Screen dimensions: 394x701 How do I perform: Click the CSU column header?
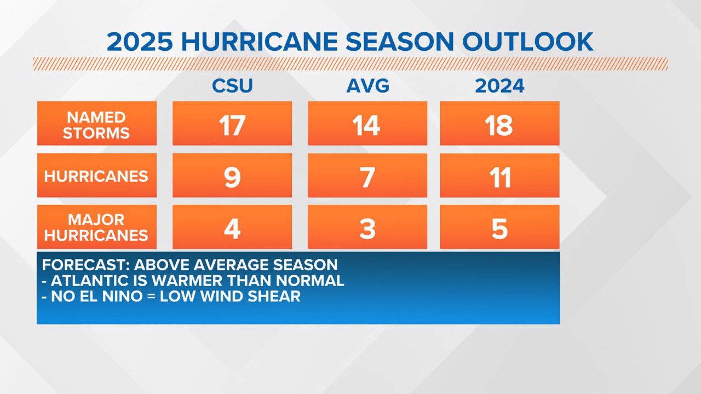coord(232,86)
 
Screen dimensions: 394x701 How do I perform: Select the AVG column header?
coord(368,86)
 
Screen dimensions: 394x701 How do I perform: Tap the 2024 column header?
coord(499,86)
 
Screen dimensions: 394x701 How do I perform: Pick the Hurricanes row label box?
coord(97,176)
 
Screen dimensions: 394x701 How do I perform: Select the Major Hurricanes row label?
coord(97,227)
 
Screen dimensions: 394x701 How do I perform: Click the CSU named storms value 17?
coord(232,125)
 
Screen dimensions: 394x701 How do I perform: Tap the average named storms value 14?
coord(367,125)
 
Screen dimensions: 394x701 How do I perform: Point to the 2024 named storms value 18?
coord(499,125)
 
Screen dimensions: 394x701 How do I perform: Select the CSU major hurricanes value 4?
coord(232,229)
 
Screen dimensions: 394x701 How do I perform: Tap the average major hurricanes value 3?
coord(367,229)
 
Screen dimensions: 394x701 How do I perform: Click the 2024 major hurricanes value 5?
coord(499,229)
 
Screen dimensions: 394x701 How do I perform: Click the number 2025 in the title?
coord(140,41)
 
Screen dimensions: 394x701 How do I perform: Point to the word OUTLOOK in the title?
coord(528,41)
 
